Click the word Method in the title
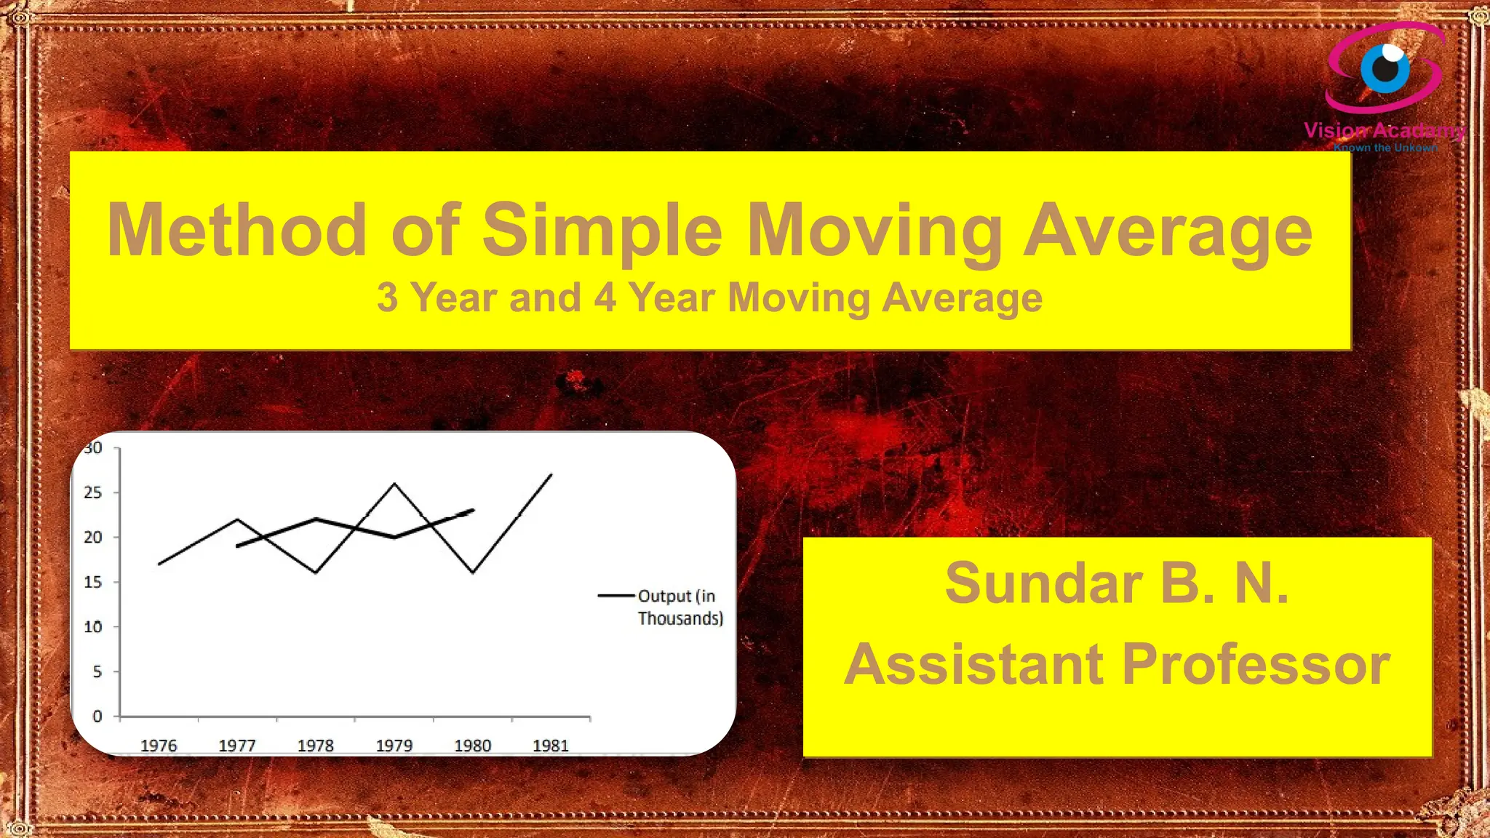[236, 230]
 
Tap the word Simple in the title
[602, 230]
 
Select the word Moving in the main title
[875, 230]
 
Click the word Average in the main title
[1168, 230]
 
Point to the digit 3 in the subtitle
[387, 298]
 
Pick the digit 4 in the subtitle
[605, 298]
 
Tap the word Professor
[1256, 664]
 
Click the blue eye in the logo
[1385, 70]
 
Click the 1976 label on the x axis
[159, 746]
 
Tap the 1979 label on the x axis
[394, 746]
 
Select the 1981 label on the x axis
[551, 746]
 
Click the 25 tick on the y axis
[93, 492]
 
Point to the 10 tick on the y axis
[93, 627]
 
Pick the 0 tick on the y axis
[97, 717]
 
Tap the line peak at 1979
[394, 484]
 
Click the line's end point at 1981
[551, 475]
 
